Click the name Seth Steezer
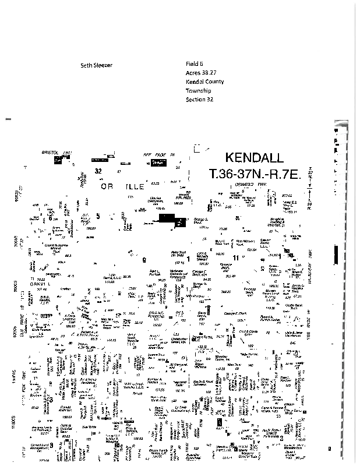click(x=96, y=65)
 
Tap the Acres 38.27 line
click(x=199, y=73)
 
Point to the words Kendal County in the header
click(x=204, y=82)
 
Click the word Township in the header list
click(x=198, y=91)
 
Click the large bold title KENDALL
click(x=254, y=158)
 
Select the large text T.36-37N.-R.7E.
click(x=255, y=174)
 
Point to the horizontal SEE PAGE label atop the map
click(x=154, y=154)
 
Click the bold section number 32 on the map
click(x=98, y=171)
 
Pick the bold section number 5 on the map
click(x=98, y=217)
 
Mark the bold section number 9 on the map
click(x=143, y=260)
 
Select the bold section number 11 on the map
click(x=235, y=257)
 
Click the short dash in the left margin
click(x=8, y=119)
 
